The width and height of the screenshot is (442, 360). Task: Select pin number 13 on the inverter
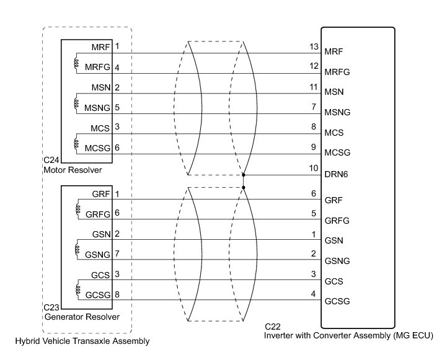(313, 47)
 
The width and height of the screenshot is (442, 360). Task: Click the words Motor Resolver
(72, 169)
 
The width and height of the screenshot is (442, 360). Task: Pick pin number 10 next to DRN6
(313, 168)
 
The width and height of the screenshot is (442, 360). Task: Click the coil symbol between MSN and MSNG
(77, 100)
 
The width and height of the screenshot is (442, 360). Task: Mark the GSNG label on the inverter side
(337, 260)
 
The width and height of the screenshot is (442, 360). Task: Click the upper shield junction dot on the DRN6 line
(244, 175)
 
